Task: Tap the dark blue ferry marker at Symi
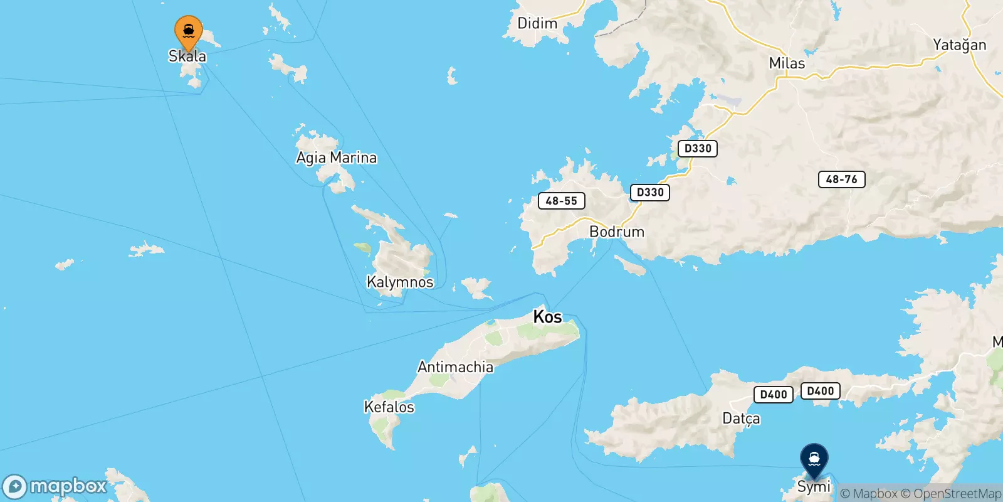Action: [x=814, y=459]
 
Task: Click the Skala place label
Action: [x=187, y=56]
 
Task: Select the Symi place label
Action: [x=814, y=486]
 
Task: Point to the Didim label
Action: [x=537, y=24]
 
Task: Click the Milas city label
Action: [x=787, y=63]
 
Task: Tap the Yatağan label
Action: [x=959, y=45]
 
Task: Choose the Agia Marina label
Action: [x=337, y=158]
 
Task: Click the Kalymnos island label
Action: [x=400, y=282]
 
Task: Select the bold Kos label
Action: [x=547, y=317]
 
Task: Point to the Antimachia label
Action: [x=455, y=367]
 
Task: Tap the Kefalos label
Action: [x=389, y=407]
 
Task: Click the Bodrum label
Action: [x=617, y=232]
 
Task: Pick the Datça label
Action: [x=741, y=419]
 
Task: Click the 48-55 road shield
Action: [x=561, y=201]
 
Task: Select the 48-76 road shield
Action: [x=841, y=179]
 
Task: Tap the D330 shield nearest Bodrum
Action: [x=649, y=192]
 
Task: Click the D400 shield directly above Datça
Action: [x=773, y=395]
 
